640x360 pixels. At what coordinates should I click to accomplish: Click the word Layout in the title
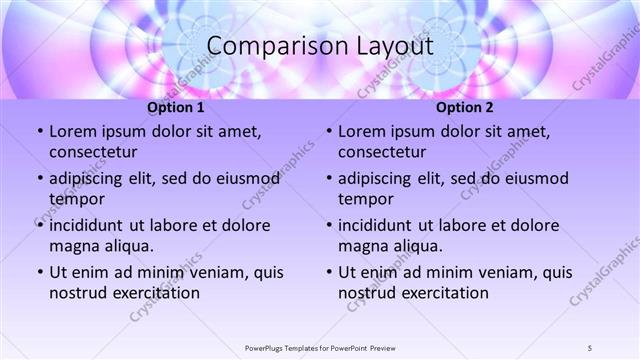pyautogui.click(x=393, y=47)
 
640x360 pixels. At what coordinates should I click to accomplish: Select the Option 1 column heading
pyautogui.click(x=176, y=107)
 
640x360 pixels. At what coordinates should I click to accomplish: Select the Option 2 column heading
pyautogui.click(x=465, y=107)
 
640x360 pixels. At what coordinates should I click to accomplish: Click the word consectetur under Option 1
pyautogui.click(x=93, y=152)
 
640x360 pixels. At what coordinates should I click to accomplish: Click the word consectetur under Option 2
pyautogui.click(x=382, y=152)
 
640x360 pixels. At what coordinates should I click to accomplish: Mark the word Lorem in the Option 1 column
pyautogui.click(x=72, y=132)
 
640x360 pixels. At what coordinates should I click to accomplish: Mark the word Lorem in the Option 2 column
pyautogui.click(x=361, y=132)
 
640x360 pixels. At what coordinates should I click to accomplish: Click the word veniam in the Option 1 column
pyautogui.click(x=202, y=272)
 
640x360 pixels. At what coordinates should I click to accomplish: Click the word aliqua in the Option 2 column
pyautogui.click(x=432, y=246)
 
